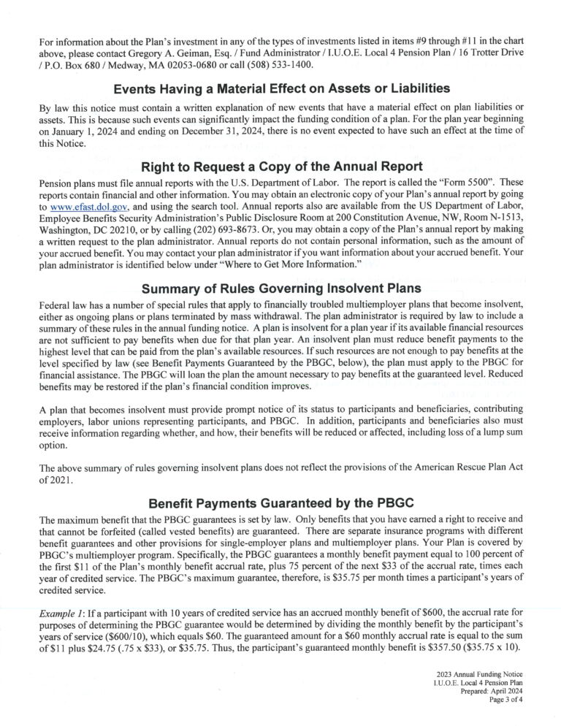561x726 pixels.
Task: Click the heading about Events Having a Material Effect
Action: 281,89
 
